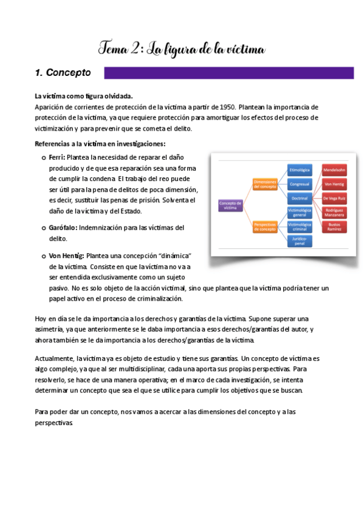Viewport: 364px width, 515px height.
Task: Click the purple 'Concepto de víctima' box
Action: pyautogui.click(x=230, y=205)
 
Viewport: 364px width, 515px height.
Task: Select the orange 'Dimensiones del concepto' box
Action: pyautogui.click(x=265, y=184)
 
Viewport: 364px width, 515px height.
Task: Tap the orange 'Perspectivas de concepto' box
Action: pyautogui.click(x=265, y=227)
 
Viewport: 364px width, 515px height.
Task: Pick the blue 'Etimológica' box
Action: pyautogui.click(x=300, y=169)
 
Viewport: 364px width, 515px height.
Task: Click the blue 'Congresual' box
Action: pyautogui.click(x=300, y=184)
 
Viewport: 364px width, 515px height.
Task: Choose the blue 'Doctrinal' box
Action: pyautogui.click(x=300, y=198)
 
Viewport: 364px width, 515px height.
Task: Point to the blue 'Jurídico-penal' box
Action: pyautogui.click(x=300, y=241)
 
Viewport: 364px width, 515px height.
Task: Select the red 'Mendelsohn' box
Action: pyautogui.click(x=334, y=169)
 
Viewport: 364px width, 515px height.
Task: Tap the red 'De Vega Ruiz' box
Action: pyautogui.click(x=334, y=198)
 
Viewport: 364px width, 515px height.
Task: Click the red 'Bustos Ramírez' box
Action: pyautogui.click(x=334, y=227)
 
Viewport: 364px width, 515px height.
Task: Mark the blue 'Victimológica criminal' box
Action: pyautogui.click(x=300, y=227)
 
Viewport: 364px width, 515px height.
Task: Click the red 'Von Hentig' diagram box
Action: pyautogui.click(x=334, y=184)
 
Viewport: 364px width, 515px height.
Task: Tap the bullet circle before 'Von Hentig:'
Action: pyautogui.click(x=43, y=256)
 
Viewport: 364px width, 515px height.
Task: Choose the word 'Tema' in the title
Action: pyautogui.click(x=113, y=48)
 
